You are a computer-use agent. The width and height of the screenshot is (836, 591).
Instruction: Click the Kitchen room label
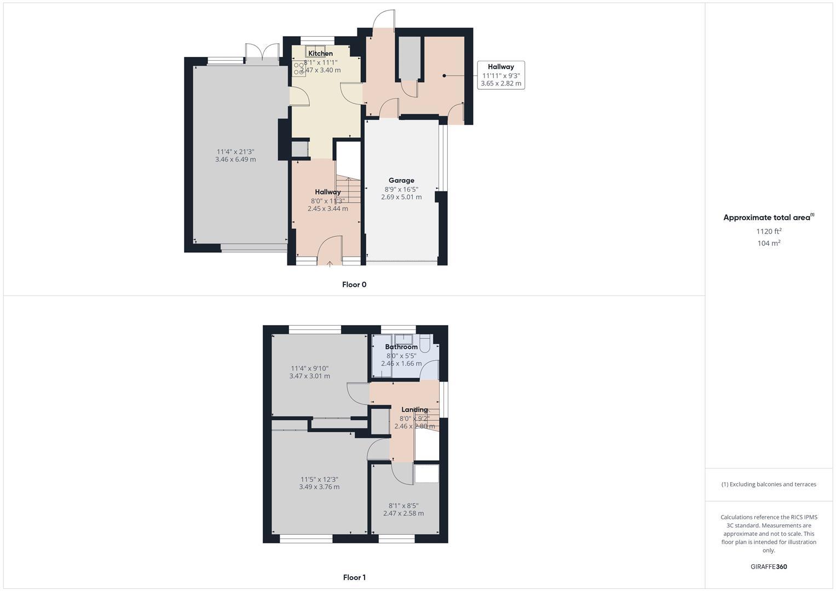(x=320, y=54)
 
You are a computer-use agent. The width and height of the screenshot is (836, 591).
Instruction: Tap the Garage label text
(x=401, y=181)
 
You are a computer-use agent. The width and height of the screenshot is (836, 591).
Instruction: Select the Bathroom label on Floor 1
(x=401, y=347)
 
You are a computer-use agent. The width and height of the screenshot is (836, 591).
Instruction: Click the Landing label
(x=414, y=410)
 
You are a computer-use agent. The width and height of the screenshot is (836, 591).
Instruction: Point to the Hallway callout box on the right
(x=501, y=76)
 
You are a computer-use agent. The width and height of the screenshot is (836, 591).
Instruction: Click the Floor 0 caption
(x=354, y=285)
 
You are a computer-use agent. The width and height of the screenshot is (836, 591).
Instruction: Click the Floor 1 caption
(x=354, y=577)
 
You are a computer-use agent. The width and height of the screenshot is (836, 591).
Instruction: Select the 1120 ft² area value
(x=769, y=231)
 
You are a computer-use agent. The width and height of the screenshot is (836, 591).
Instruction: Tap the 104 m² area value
(x=769, y=244)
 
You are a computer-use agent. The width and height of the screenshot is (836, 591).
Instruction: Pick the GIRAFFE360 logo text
(x=769, y=567)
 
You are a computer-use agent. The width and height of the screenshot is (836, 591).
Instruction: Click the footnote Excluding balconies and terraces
(x=769, y=484)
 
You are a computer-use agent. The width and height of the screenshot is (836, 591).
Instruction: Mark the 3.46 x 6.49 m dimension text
(x=235, y=160)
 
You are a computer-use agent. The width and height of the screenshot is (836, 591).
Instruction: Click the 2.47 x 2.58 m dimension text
(x=403, y=514)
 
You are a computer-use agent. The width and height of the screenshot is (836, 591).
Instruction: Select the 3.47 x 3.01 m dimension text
(x=309, y=376)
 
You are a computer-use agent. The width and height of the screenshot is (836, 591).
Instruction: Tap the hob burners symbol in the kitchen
(x=299, y=68)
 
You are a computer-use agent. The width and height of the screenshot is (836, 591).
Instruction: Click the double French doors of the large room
(x=262, y=52)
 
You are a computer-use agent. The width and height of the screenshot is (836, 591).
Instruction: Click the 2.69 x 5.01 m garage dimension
(x=401, y=198)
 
